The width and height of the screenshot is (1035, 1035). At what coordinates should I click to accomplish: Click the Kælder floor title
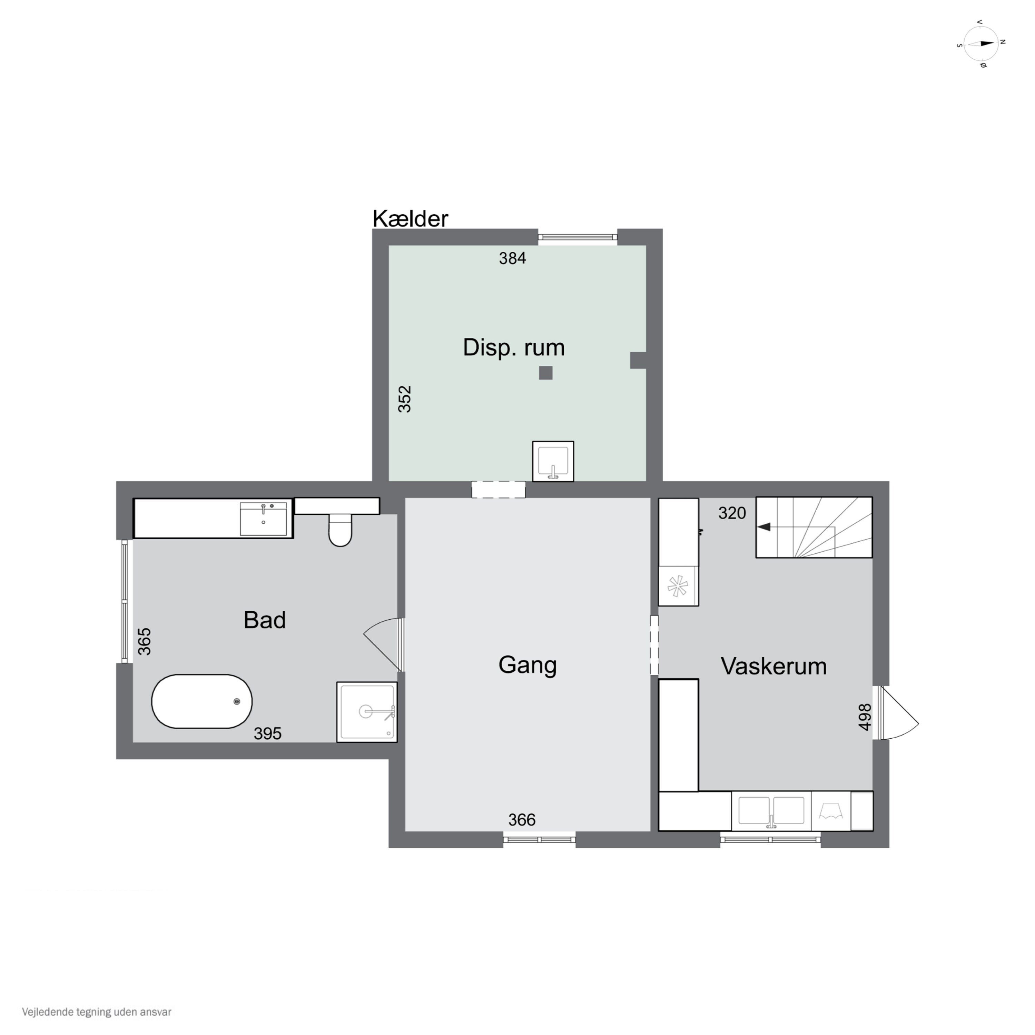click(x=410, y=219)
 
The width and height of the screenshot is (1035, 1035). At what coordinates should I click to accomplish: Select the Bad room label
click(x=265, y=620)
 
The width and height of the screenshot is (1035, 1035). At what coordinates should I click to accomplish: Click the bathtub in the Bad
click(x=202, y=701)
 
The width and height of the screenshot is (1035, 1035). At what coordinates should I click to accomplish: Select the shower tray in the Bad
click(x=367, y=712)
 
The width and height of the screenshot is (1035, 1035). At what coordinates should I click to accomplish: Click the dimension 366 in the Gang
click(x=522, y=820)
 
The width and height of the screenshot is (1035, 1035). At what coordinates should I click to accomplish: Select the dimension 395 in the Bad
click(x=267, y=733)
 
